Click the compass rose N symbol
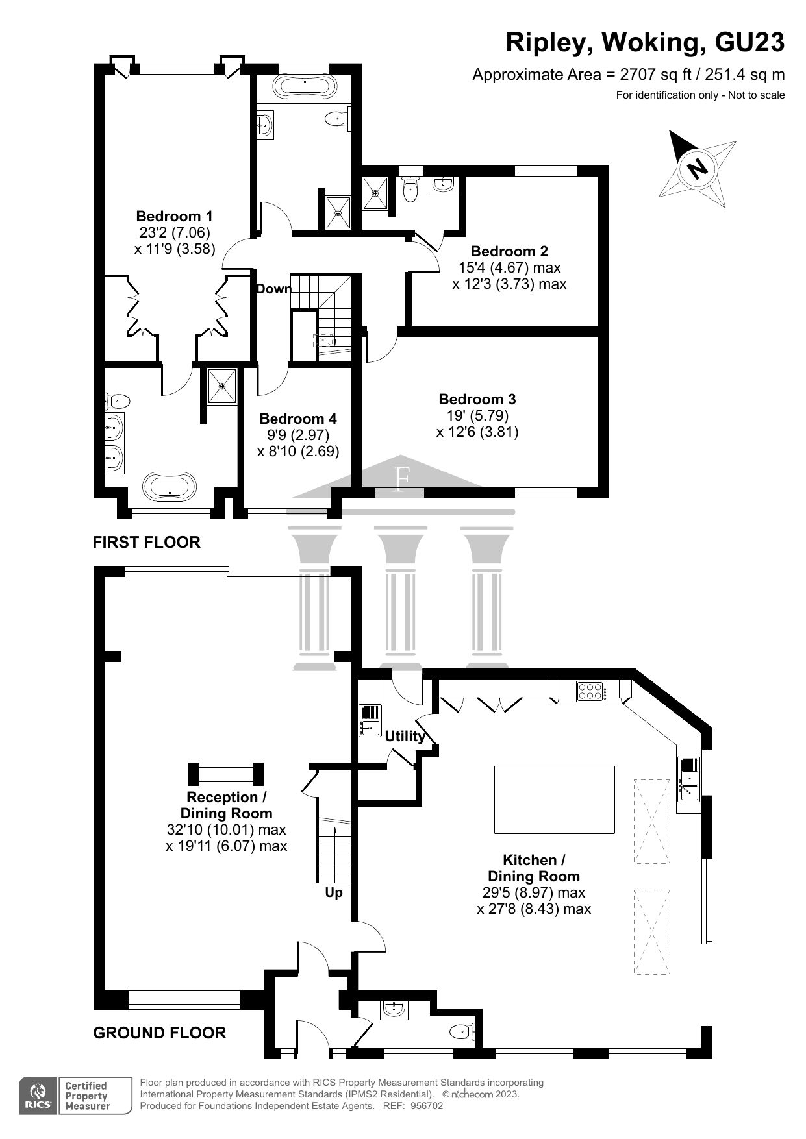(x=698, y=169)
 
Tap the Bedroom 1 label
(x=174, y=216)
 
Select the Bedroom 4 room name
(x=297, y=419)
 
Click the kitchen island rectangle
(x=554, y=799)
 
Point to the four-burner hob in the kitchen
(x=591, y=691)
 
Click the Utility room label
(x=405, y=736)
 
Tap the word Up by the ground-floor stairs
(x=333, y=892)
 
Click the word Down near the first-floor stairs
(x=273, y=289)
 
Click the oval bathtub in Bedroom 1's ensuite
(x=170, y=485)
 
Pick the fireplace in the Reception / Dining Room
(x=225, y=774)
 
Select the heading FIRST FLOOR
(x=146, y=542)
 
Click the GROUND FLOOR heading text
(x=160, y=1033)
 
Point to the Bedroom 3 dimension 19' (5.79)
(x=473, y=415)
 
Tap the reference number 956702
(x=426, y=1106)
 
